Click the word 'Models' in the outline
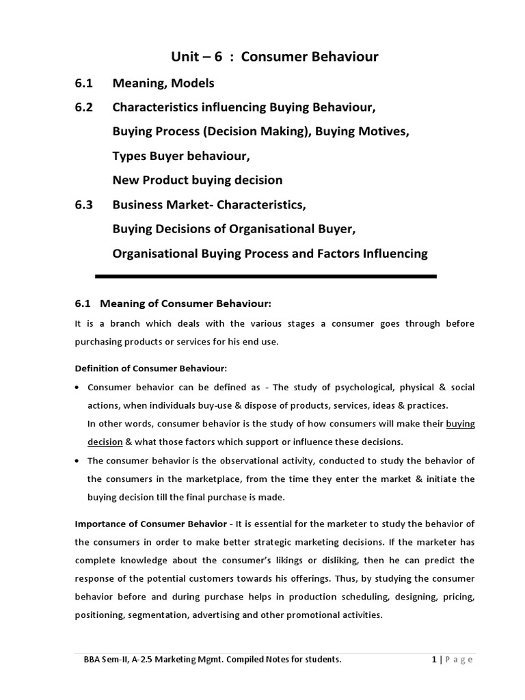(192, 83)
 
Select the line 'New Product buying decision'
(197, 180)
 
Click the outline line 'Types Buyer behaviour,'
(181, 157)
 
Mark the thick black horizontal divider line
(266, 276)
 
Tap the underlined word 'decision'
(105, 441)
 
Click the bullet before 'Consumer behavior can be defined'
(79, 388)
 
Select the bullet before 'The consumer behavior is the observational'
(79, 460)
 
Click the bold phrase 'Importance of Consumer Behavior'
(150, 524)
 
